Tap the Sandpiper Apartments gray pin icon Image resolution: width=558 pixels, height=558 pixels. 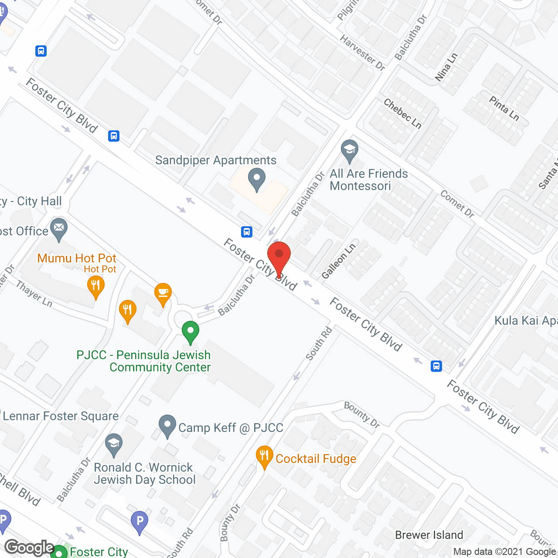tap(257, 179)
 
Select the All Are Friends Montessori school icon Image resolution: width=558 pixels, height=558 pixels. tap(349, 150)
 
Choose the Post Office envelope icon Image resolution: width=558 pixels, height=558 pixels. tap(59, 229)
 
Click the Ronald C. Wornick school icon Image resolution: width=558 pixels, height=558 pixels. tap(114, 445)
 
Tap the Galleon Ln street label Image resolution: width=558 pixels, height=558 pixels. tap(339, 261)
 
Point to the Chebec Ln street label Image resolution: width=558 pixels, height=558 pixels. tap(402, 113)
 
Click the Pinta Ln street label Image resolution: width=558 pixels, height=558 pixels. tap(504, 108)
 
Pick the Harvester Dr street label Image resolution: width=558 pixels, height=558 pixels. tap(362, 53)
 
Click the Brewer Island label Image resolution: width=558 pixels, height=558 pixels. tap(429, 535)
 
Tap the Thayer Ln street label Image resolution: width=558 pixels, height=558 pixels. tap(34, 293)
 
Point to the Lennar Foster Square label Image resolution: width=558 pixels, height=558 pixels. tap(61, 416)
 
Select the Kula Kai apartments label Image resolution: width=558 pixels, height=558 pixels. tap(526, 321)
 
